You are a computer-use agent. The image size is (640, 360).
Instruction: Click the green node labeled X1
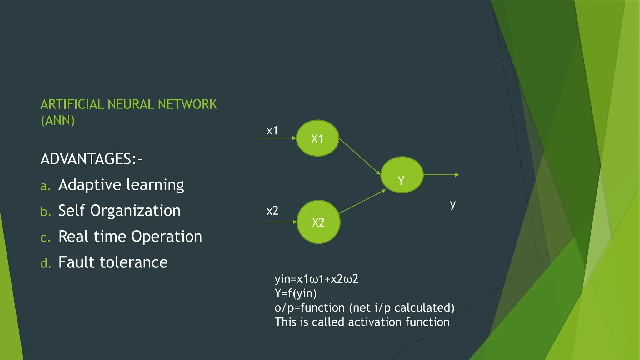[317, 138]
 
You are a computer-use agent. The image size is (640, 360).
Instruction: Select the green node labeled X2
[318, 222]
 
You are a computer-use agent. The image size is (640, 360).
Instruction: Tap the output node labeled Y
[402, 175]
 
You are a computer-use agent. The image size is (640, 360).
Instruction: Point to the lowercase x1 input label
[272, 131]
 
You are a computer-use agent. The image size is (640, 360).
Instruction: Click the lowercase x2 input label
[272, 211]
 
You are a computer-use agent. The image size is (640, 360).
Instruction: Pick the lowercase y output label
[452, 205]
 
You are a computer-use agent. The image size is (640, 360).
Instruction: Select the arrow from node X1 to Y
[359, 156]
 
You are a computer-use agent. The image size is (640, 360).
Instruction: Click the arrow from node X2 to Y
[362, 202]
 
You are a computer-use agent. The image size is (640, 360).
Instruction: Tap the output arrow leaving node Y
[441, 175]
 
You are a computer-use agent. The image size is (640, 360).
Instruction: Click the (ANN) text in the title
[58, 120]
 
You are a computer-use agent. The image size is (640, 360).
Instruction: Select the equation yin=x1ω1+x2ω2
[316, 279]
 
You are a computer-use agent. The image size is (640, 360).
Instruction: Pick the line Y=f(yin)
[295, 293]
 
